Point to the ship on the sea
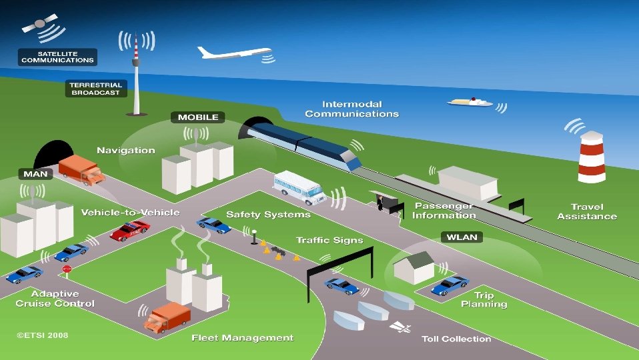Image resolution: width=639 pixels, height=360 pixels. click(470, 102)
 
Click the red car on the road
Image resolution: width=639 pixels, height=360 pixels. click(129, 231)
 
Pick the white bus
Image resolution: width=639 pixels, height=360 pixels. click(299, 187)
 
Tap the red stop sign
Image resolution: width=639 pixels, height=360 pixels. click(67, 268)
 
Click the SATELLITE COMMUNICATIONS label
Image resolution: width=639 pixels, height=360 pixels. click(58, 57)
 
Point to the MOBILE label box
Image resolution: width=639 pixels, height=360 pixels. click(198, 117)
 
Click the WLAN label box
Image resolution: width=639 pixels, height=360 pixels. click(462, 237)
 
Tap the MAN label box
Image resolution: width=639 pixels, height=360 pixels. click(35, 174)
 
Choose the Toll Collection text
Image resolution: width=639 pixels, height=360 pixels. click(456, 339)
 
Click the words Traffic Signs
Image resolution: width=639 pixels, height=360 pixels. click(330, 240)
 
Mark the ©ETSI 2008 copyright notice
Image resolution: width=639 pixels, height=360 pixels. click(42, 335)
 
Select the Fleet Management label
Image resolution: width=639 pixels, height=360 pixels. click(242, 337)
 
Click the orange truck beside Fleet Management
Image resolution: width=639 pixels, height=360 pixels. click(167, 317)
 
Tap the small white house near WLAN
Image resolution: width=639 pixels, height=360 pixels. click(414, 267)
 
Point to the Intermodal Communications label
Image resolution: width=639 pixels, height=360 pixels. click(352, 109)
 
